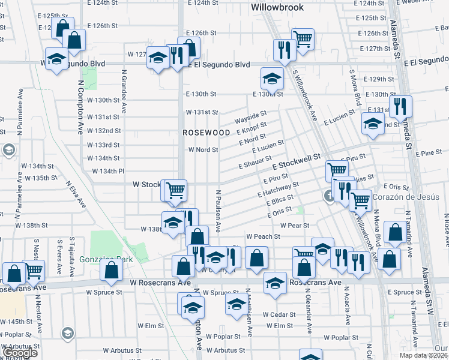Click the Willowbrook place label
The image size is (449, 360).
[277, 8]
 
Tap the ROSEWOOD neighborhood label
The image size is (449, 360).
[206, 132]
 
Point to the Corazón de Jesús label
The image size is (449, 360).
[406, 197]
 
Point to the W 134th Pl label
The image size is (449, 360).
[108, 172]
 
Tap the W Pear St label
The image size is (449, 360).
[294, 226]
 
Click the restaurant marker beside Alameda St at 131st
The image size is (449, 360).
[400, 106]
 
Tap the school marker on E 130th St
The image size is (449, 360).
[272, 78]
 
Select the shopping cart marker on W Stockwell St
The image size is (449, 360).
[175, 190]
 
